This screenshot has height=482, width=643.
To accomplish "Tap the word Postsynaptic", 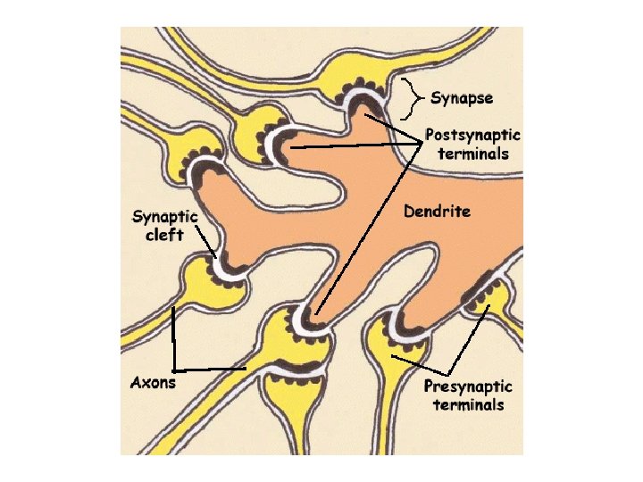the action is [x=473, y=136].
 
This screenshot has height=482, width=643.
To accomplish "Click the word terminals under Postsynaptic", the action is [x=473, y=154].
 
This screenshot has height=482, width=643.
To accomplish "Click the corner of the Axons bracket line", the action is [x=174, y=370].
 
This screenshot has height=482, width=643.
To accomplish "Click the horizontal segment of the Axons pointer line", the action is [x=210, y=369].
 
